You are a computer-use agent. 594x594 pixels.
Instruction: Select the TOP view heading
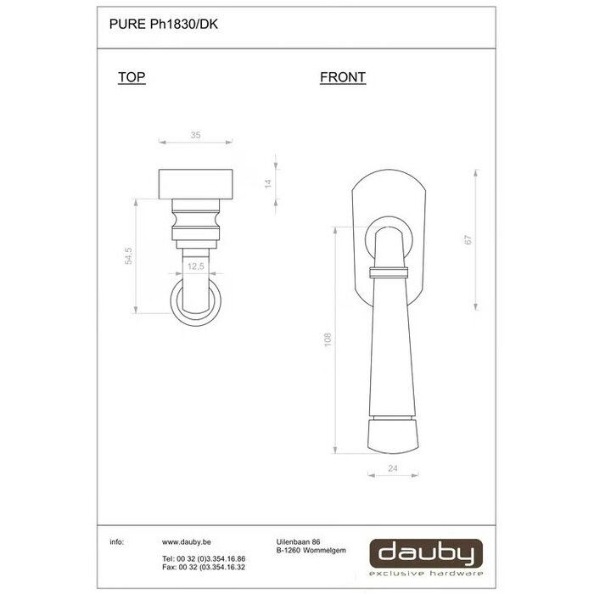pyautogui.click(x=132, y=77)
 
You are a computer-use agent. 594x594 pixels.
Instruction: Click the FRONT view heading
pyautogui.click(x=343, y=77)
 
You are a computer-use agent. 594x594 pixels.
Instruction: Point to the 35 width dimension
pyautogui.click(x=195, y=135)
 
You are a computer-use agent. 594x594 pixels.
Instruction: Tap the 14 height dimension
pyautogui.click(x=268, y=182)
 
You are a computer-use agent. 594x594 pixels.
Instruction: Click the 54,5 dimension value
pyautogui.click(x=129, y=256)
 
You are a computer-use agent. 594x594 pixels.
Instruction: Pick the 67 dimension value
pyautogui.click(x=468, y=240)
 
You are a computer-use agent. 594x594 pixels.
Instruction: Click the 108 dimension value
pyautogui.click(x=328, y=339)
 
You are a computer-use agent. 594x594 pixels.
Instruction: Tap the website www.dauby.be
pyautogui.click(x=187, y=541)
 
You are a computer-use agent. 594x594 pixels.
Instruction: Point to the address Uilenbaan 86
pyautogui.click(x=298, y=541)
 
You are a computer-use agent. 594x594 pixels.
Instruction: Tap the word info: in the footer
pyautogui.click(x=117, y=541)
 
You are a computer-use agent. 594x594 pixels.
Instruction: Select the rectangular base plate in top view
pyautogui.click(x=195, y=182)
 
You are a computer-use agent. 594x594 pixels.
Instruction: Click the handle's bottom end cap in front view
pyautogui.click(x=393, y=435)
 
